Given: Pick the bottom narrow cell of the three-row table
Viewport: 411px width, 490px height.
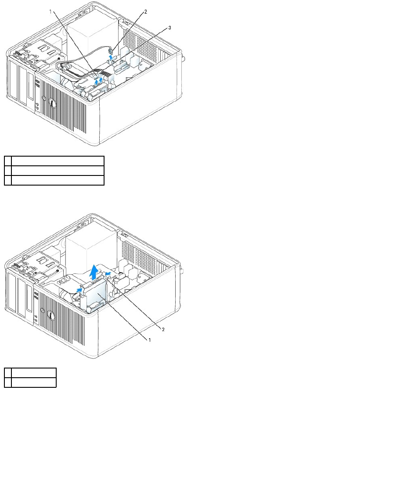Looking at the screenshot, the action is click(x=8, y=180).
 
